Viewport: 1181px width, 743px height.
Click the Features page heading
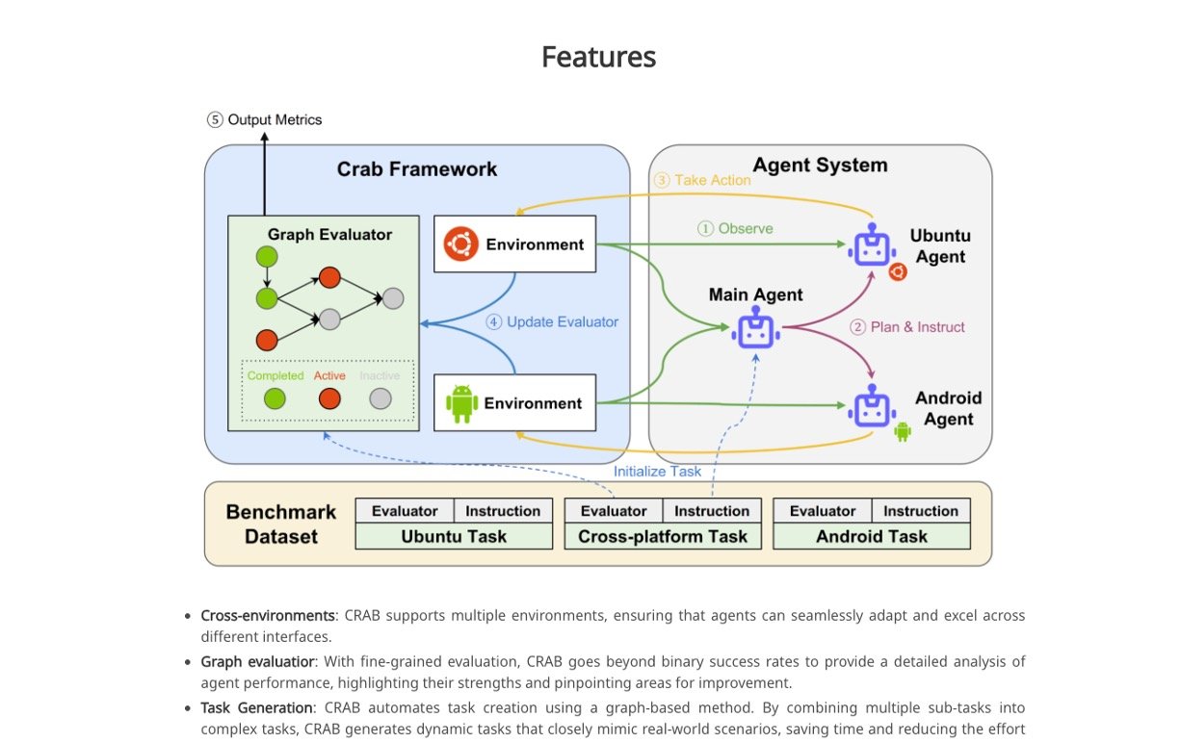[598, 57]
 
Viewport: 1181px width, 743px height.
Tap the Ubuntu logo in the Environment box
[461, 244]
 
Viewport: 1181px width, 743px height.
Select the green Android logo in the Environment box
[461, 403]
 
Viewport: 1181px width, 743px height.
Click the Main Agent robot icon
[755, 331]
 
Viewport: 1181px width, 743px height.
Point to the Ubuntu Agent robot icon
[873, 247]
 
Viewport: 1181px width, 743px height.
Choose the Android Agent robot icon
[873, 407]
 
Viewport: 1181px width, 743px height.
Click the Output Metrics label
[265, 120]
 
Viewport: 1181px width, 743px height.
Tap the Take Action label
[702, 180]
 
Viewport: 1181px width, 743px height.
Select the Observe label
[735, 229]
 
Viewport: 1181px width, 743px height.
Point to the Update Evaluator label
[552, 322]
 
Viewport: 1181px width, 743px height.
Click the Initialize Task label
[658, 472]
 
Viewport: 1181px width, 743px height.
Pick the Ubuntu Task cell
[454, 536]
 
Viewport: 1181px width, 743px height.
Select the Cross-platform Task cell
[663, 536]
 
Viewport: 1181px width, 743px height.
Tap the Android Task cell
[872, 536]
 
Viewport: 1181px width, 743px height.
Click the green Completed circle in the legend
[275, 398]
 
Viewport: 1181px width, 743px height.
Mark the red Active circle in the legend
[329, 398]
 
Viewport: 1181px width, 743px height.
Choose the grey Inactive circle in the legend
[381, 398]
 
